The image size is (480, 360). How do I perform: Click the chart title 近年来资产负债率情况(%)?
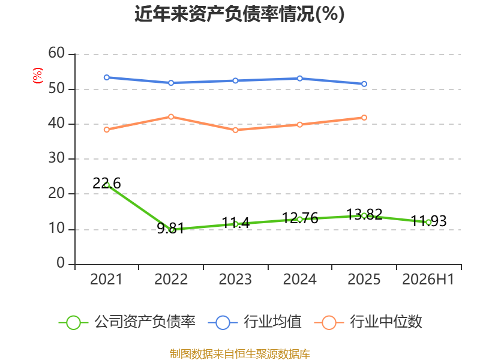click(239, 14)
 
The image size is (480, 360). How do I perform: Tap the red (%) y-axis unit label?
click(37, 76)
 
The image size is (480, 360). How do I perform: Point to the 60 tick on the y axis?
click(56, 53)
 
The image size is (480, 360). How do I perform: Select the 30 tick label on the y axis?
click(56, 158)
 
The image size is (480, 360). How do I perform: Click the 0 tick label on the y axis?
click(61, 263)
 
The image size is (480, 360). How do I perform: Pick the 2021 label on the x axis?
click(106, 279)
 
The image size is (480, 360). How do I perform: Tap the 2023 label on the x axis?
click(235, 279)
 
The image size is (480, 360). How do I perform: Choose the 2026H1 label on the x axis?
click(428, 279)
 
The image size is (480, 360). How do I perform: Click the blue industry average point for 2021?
click(107, 77)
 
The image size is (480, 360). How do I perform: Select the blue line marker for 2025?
click(364, 84)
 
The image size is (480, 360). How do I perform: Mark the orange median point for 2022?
click(171, 117)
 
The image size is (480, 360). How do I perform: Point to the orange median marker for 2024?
click(299, 125)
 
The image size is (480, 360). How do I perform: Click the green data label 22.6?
click(107, 183)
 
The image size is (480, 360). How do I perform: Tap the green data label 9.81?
click(171, 228)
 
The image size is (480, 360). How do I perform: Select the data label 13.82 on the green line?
click(364, 214)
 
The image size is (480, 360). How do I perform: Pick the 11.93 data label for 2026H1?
click(428, 221)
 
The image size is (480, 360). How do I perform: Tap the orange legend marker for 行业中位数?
click(329, 323)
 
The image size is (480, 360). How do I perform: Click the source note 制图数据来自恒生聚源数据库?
click(240, 354)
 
